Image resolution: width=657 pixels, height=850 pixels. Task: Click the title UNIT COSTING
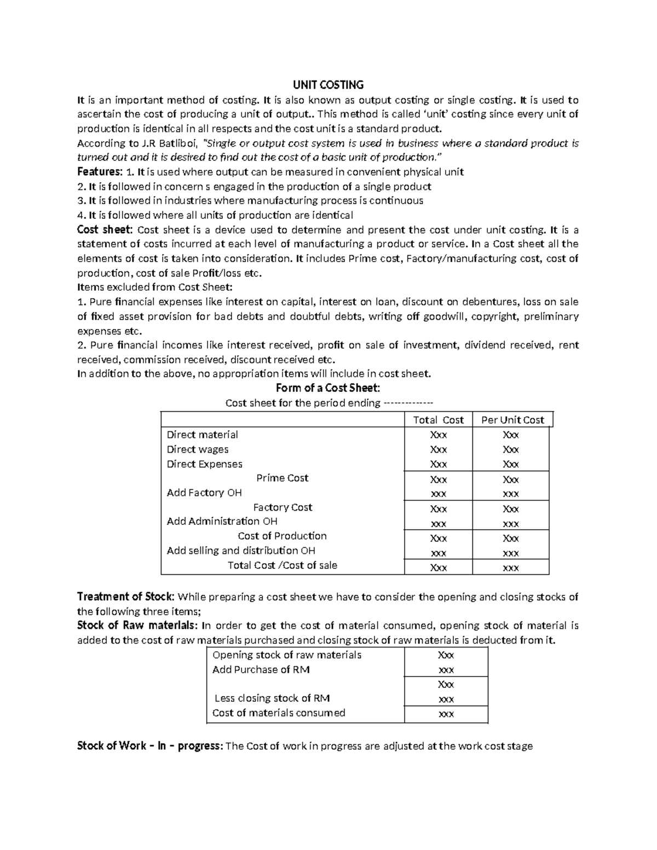[327, 85]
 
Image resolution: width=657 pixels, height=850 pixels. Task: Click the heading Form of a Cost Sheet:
[327, 388]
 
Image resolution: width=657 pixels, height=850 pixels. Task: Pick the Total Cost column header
[438, 420]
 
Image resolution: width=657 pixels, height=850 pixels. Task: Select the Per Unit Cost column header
[512, 420]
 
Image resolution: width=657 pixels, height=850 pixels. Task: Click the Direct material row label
[202, 435]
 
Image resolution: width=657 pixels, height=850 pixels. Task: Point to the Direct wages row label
[198, 449]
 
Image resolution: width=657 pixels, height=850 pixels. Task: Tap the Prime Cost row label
[282, 478]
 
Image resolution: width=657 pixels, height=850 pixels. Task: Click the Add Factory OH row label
[204, 493]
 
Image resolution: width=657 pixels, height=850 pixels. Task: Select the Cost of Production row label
[282, 536]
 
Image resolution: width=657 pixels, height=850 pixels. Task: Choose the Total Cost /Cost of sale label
[282, 565]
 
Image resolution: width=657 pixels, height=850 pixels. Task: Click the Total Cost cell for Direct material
[438, 435]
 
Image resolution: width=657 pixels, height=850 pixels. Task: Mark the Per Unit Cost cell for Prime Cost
[510, 479]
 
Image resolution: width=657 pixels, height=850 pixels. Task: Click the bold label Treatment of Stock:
[126, 597]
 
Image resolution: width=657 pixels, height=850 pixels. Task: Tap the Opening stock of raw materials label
[286, 655]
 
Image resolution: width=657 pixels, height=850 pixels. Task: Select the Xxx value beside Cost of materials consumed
[446, 714]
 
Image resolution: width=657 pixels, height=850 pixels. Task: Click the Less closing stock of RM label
[272, 698]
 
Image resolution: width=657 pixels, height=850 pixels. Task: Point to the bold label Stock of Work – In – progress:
[150, 746]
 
